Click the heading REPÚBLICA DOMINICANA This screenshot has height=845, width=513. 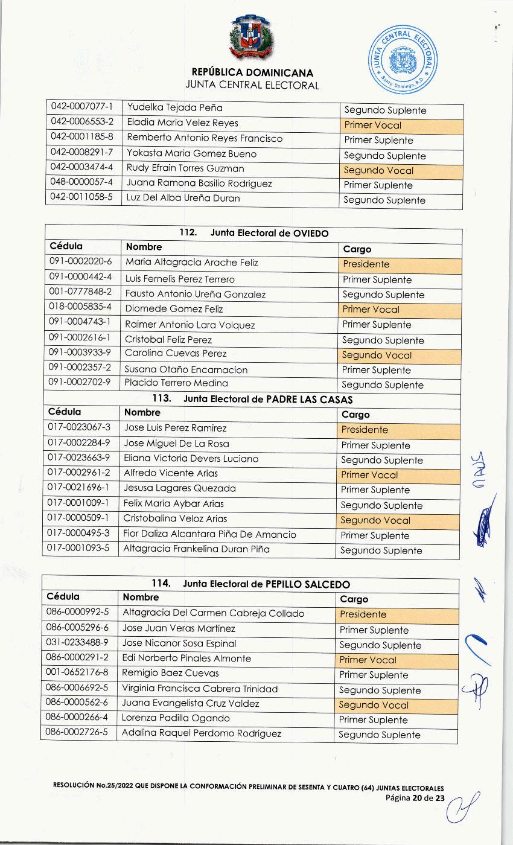point(252,73)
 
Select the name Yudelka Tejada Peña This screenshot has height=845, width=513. point(174,108)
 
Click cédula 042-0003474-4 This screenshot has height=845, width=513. point(82,168)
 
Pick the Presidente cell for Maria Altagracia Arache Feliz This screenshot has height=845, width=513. point(398,264)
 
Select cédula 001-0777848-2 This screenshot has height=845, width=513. point(80,294)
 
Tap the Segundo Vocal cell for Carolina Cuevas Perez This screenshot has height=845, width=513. point(398,355)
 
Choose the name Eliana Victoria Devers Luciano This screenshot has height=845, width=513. point(191,458)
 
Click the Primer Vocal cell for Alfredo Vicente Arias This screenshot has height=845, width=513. point(397,475)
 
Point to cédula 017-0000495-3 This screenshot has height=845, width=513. point(78,534)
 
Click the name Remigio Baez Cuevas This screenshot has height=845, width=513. point(170,673)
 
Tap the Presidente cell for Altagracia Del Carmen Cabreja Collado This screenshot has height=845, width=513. point(396,614)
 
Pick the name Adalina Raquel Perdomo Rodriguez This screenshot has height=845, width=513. point(202,733)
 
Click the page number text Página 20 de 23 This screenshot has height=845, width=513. point(415,798)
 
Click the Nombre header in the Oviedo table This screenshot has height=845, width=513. point(144,247)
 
